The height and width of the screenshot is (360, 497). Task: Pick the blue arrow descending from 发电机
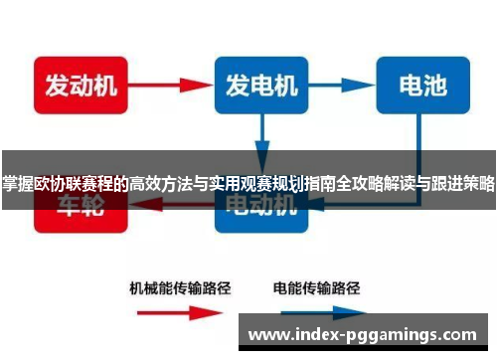[x=261, y=135]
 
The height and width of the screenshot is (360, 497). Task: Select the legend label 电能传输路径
[x=317, y=288]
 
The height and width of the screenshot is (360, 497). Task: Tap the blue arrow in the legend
[x=318, y=313]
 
